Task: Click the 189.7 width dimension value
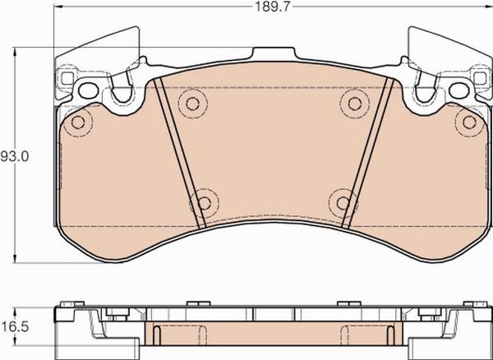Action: coord(272,7)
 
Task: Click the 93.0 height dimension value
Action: coord(15,156)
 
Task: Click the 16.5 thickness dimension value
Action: coord(15,327)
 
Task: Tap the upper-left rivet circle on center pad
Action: coord(192,104)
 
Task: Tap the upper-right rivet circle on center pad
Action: coord(354,104)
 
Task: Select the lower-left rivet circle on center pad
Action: coord(205,203)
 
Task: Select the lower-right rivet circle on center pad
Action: coord(343,203)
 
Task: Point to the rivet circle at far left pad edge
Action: coord(78,122)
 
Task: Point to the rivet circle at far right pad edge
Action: coord(469,122)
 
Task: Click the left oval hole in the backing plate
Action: coord(89,90)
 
